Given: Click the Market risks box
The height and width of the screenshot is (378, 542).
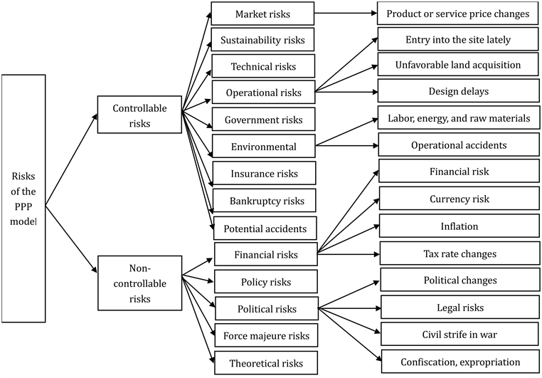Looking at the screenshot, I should [262, 13].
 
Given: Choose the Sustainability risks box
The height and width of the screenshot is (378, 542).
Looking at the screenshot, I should [262, 39].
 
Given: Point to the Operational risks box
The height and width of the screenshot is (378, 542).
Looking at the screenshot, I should [262, 93].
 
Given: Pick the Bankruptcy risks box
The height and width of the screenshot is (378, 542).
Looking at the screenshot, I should [263, 201].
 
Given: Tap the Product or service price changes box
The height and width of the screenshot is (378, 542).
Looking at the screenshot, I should [458, 13].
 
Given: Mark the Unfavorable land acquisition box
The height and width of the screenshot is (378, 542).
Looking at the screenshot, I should [458, 65].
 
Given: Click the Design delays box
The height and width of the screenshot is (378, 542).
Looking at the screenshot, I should [458, 91].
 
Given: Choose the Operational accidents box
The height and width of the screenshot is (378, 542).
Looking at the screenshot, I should [458, 145].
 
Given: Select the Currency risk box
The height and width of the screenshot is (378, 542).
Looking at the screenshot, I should [459, 199].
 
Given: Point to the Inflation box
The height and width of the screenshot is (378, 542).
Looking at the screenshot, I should [459, 226].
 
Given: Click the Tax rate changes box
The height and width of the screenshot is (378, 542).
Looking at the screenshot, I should [459, 253].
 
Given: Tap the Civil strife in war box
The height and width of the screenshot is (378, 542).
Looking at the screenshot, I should [459, 334].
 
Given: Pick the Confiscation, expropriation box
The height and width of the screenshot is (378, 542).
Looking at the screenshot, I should [459, 361].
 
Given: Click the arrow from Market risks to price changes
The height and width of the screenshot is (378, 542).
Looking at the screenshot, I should [345, 13].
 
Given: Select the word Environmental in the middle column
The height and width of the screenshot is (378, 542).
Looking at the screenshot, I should [263, 147].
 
